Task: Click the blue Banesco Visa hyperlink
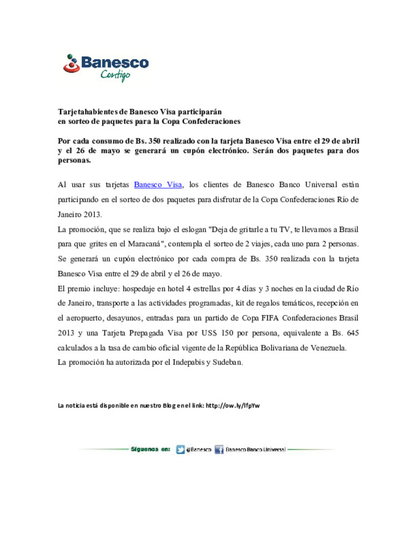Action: [x=158, y=185]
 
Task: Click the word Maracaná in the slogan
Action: [x=146, y=244]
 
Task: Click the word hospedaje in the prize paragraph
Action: [x=139, y=289]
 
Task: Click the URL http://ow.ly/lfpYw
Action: [x=232, y=406]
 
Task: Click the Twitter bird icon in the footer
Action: [x=180, y=450]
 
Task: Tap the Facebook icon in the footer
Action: [x=219, y=450]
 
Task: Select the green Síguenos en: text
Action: [x=150, y=449]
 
